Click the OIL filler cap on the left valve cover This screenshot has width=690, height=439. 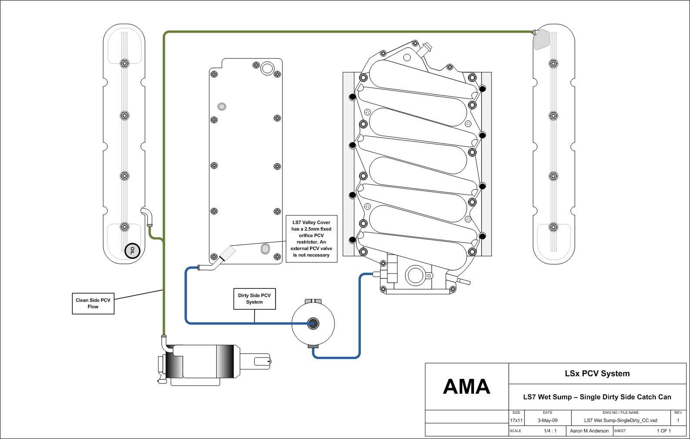(x=132, y=251)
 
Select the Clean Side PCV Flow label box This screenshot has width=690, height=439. (x=93, y=303)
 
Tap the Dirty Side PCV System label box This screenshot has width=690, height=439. (x=254, y=299)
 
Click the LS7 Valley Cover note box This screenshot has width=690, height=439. (x=311, y=239)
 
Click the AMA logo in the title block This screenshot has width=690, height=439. (x=466, y=386)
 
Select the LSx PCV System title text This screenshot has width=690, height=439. (x=597, y=373)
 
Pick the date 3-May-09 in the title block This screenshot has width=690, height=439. (x=547, y=421)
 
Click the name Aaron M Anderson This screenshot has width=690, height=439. (x=589, y=431)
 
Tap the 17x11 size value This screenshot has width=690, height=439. (x=516, y=421)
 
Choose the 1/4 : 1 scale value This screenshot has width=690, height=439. (x=550, y=431)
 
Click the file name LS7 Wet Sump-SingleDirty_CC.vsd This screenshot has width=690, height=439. (x=620, y=421)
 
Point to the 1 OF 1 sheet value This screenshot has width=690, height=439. (x=664, y=431)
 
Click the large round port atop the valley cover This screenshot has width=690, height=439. (x=267, y=68)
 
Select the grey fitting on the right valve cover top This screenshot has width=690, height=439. (x=542, y=39)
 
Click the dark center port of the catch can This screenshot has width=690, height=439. (x=313, y=323)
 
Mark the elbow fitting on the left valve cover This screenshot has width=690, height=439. (x=148, y=215)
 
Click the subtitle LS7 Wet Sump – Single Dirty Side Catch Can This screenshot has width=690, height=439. (x=597, y=397)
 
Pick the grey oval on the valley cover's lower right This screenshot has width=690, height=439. (x=265, y=249)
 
